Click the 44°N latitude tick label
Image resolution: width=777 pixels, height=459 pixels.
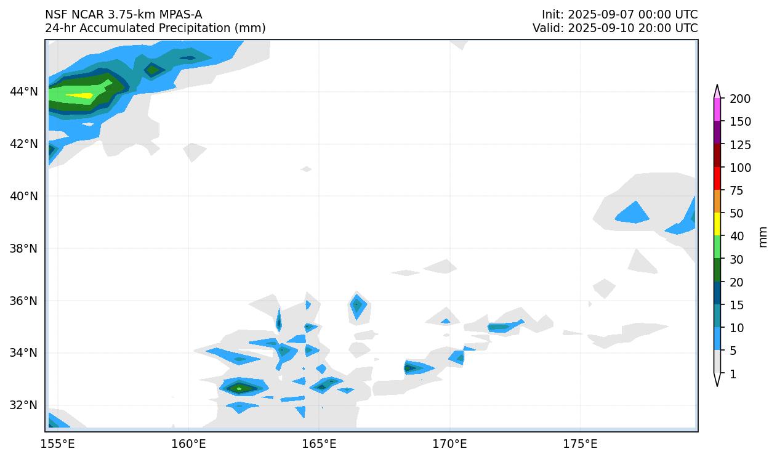pos(23,92)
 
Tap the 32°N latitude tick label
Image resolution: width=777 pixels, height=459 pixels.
pos(23,405)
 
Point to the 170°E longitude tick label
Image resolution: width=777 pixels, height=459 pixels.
pos(449,444)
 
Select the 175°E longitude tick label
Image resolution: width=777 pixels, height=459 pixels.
pos(580,444)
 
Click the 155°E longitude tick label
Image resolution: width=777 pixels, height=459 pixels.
pos(60,444)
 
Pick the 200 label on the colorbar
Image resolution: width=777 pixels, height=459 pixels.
pos(739,99)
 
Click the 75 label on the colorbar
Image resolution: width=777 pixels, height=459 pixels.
pos(737,191)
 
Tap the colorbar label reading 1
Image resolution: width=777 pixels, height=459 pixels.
pos(732,374)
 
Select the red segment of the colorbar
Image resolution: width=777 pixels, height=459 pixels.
pos(717,179)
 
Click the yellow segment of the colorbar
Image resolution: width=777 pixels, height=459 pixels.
pos(717,224)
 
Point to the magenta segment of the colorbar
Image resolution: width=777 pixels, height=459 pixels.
pos(717,110)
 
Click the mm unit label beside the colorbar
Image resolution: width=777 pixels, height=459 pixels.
pos(763,237)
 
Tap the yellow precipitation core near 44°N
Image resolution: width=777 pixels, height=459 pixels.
pos(79,95)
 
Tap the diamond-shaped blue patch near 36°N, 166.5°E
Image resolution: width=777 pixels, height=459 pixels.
pos(356,306)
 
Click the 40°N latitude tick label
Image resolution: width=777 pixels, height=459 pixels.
pos(23,196)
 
